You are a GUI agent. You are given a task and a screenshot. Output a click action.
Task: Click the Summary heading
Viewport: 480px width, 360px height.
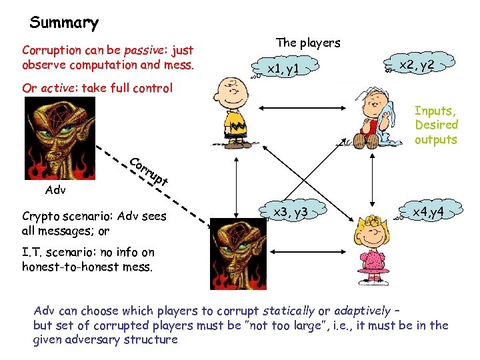coord(64,23)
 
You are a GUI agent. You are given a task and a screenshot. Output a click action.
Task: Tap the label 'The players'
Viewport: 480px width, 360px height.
coord(307,43)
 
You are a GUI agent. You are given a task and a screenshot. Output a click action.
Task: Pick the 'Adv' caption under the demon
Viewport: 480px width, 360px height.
coord(55,190)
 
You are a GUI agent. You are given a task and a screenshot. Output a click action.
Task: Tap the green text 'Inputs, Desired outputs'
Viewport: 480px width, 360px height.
coord(437,125)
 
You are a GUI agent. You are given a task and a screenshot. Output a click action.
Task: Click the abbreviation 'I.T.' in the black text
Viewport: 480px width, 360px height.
coord(32,252)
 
